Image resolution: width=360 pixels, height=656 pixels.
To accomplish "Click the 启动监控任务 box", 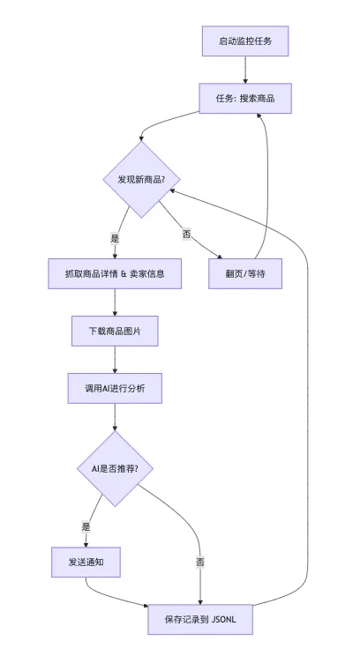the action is [245, 41].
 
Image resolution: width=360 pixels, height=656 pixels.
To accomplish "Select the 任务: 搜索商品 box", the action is [245, 99].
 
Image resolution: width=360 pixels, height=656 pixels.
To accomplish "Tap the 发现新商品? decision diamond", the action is [141, 180].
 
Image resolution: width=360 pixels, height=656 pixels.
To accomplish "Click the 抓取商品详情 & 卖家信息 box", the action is [115, 273].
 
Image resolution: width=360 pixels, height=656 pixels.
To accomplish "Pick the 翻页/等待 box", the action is [245, 273].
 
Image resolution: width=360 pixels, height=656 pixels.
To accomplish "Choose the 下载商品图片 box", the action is [115, 331].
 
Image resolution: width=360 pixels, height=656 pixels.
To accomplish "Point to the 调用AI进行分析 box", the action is [115, 388].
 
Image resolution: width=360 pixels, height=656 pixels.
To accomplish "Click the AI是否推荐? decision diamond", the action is [115, 468].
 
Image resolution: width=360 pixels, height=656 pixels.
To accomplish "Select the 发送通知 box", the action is [86, 562].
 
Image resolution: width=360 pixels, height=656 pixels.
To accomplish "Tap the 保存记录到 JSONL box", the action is [200, 619].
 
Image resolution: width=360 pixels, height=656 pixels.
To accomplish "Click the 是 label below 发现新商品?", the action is [115, 238].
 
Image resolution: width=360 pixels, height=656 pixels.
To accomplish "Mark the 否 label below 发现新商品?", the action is [187, 234].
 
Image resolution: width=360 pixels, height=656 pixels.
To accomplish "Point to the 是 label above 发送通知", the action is [86, 526].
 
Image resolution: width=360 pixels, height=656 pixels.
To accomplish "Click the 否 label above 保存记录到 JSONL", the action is [200, 562].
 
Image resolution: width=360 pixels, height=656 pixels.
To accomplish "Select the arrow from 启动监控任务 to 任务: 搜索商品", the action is [245, 70].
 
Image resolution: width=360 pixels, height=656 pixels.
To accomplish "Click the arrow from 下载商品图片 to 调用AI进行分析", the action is [115, 360].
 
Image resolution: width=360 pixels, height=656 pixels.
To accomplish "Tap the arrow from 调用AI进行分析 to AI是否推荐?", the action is [115, 417].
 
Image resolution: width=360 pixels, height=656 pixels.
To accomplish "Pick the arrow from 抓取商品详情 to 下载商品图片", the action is [115, 302].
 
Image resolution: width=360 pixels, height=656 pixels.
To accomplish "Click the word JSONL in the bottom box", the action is [224, 619].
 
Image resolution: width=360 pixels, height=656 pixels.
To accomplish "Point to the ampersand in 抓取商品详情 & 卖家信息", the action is [124, 273].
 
